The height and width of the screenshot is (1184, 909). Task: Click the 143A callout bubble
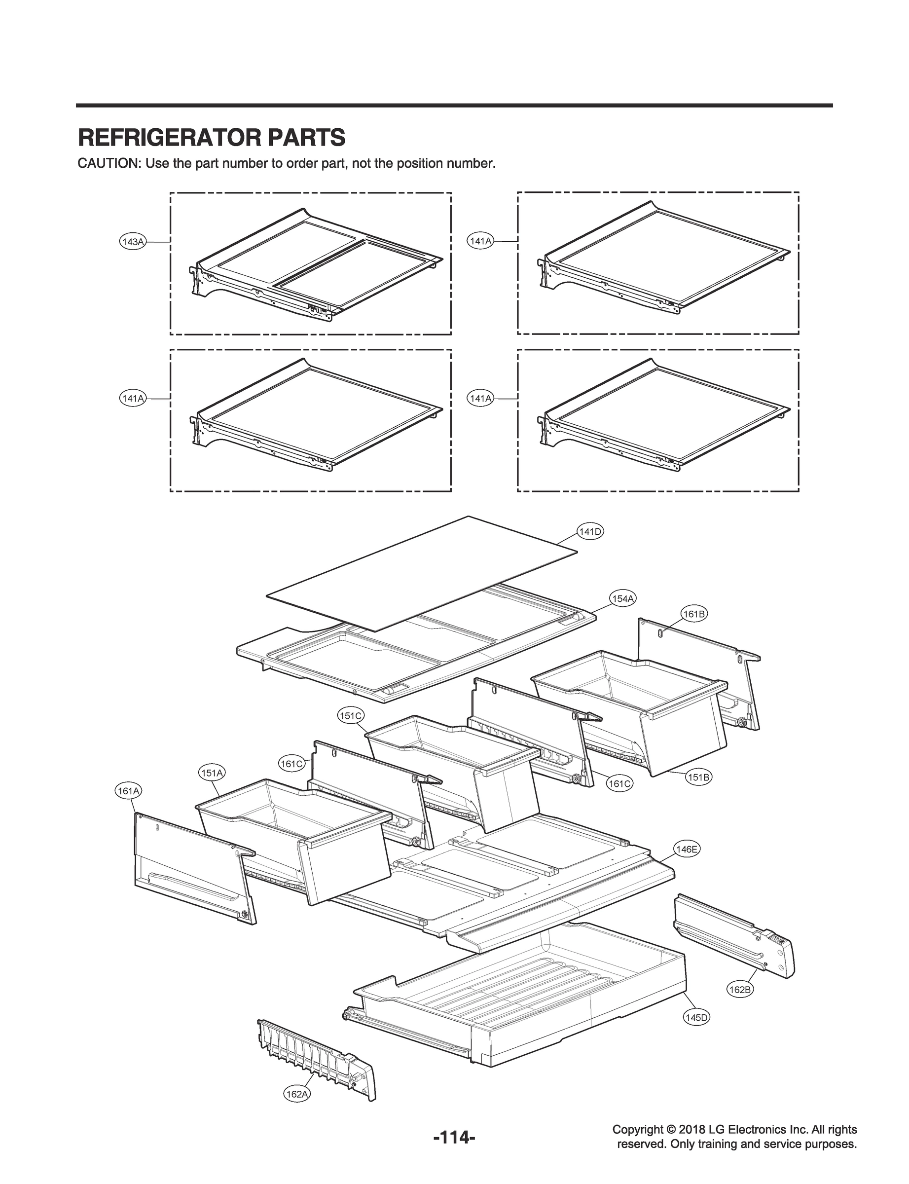click(132, 242)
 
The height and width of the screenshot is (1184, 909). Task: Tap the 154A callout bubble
click(622, 598)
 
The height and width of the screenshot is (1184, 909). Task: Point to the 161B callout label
click(694, 614)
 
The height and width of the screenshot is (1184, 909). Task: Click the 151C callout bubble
click(351, 716)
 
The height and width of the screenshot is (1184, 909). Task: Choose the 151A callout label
click(212, 773)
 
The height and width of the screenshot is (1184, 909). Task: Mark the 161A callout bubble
click(129, 791)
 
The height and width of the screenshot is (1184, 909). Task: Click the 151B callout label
click(698, 777)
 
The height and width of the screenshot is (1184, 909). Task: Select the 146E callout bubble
click(687, 849)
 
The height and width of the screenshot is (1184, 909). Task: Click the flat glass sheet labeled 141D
click(422, 574)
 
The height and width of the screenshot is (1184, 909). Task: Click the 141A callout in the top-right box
click(479, 242)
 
